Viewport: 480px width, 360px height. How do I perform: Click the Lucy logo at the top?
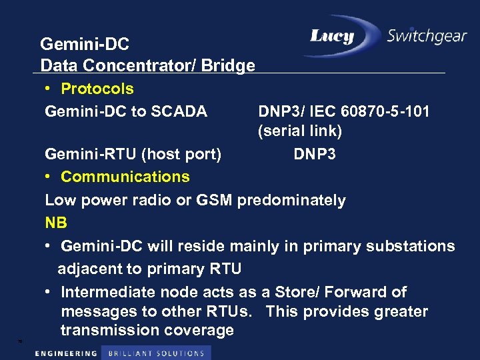coord(331,36)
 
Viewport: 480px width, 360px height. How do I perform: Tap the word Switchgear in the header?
coord(427,36)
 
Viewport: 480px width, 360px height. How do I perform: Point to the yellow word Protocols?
coord(97,89)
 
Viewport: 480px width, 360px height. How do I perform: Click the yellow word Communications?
coord(125,177)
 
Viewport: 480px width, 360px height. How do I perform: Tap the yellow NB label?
coord(56,223)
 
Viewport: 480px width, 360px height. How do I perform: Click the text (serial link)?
coord(300,131)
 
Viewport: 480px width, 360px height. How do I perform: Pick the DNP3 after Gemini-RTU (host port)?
coord(315,155)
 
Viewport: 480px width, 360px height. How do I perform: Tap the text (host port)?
coord(181,155)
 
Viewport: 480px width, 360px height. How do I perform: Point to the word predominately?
coord(292,200)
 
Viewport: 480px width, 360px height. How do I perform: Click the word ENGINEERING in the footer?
coord(65,353)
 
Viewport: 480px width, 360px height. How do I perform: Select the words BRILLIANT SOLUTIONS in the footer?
coord(156,353)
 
